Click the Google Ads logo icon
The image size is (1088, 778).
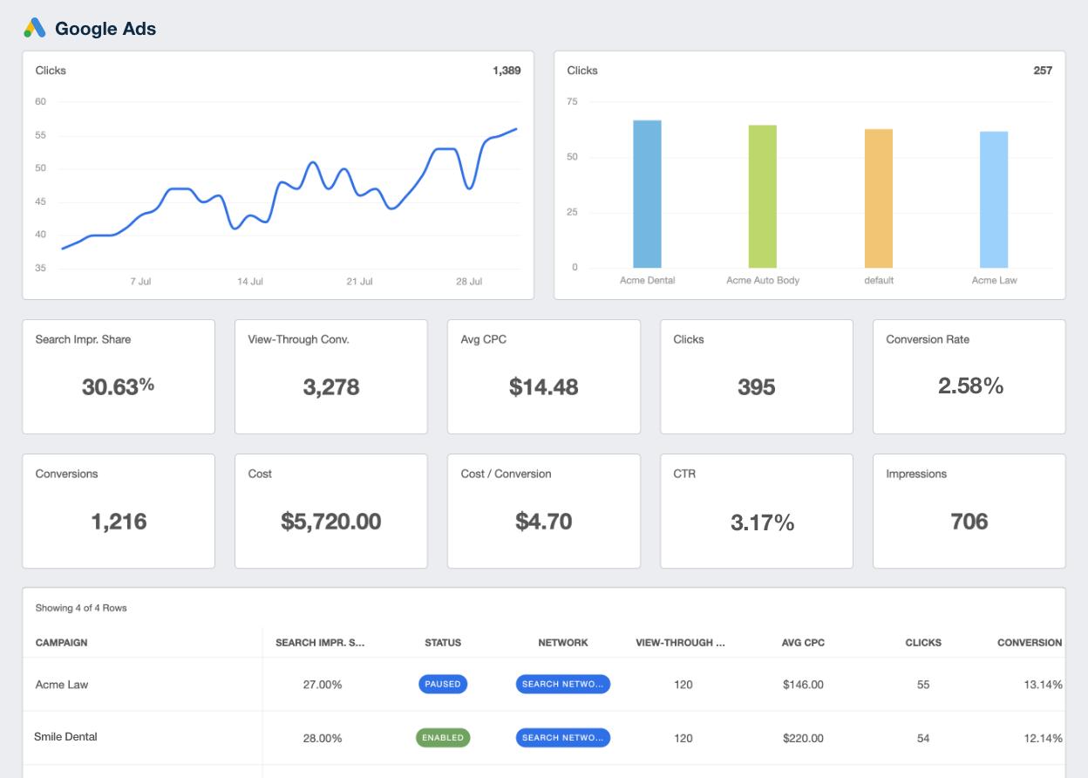coord(35,28)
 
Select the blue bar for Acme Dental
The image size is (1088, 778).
coord(647,194)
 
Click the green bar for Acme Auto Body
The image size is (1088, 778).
coord(762,196)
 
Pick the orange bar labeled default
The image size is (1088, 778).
coord(878,198)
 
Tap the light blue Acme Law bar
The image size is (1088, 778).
coord(994,200)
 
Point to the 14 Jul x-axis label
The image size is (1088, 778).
coord(250,282)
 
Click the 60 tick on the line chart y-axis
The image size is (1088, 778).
coord(41,102)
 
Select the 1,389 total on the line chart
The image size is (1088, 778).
coord(506,71)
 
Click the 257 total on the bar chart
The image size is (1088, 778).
coord(1043,71)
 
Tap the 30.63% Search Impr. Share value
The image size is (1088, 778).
coord(118,386)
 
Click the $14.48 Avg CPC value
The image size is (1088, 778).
coord(543,386)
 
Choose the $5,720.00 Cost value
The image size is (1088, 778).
coord(330,522)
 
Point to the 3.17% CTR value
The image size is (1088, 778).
coord(762,522)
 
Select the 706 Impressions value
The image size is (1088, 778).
coord(969,522)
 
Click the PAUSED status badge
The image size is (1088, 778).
coord(443,685)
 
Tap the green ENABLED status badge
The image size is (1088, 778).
coord(443,738)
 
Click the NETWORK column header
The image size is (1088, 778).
coord(563,643)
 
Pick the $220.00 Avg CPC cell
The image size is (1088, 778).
coord(803,738)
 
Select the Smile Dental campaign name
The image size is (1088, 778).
coord(65,737)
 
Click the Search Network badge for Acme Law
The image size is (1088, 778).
coord(562,685)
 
